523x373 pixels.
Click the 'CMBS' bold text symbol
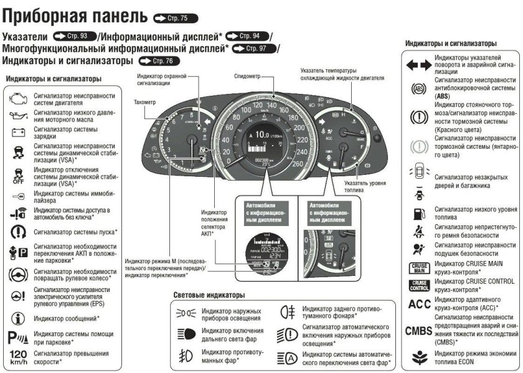pos(418,331)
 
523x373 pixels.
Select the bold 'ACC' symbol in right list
pos(417,305)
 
